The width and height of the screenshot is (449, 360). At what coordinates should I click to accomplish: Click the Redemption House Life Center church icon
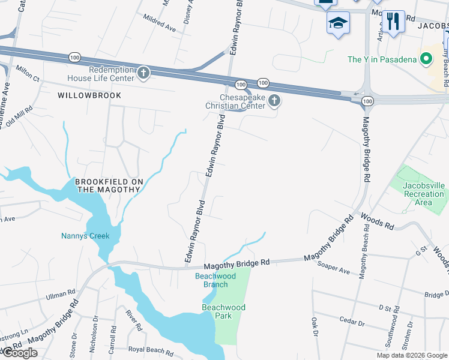tap(143, 73)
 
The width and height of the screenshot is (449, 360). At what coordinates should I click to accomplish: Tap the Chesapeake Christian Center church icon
tap(274, 100)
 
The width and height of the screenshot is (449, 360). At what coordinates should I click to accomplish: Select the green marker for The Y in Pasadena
tap(426, 59)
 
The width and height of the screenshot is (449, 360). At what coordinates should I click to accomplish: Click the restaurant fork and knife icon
tap(393, 22)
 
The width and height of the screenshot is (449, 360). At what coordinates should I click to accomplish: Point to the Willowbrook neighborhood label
tap(89, 95)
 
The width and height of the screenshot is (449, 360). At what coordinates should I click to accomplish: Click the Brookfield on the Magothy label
tap(107, 185)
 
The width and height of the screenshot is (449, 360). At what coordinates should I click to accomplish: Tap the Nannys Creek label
tap(85, 236)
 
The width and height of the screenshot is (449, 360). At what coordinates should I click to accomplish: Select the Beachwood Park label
tap(223, 311)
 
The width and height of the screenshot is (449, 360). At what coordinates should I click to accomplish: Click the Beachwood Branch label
tap(215, 280)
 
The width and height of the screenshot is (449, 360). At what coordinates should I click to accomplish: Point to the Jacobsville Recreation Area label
tap(424, 194)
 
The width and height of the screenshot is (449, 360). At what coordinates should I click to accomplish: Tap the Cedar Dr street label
tap(352, 321)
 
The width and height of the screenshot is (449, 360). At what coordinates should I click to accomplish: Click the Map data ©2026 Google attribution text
tap(412, 355)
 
